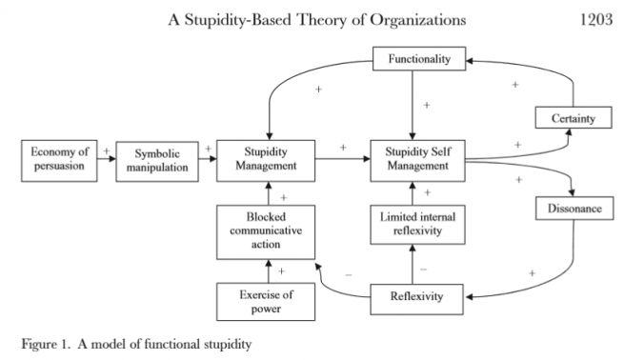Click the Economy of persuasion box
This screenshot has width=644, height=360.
click(x=58, y=159)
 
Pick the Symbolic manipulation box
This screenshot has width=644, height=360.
click(x=157, y=159)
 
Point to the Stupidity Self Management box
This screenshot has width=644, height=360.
click(x=417, y=159)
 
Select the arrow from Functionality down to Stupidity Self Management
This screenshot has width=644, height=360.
click(x=413, y=105)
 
